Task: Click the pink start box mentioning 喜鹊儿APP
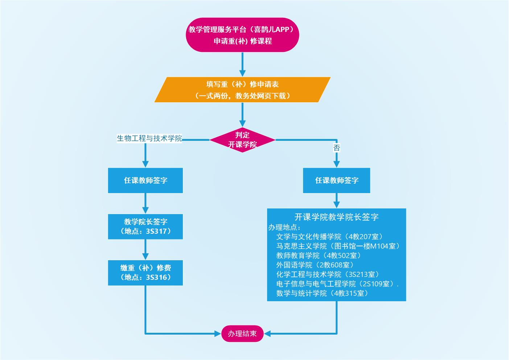[242, 35]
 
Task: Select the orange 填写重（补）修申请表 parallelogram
[242, 90]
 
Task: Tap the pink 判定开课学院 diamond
[242, 140]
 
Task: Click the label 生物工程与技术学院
[149, 138]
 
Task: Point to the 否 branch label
[337, 148]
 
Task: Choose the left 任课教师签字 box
[145, 180]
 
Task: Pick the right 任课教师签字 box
[337, 180]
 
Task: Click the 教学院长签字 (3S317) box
[145, 226]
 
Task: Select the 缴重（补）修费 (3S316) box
[145, 273]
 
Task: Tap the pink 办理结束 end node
[242, 334]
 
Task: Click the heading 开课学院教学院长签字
[336, 217]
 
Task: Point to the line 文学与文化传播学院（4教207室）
[329, 237]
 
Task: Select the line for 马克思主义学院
[338, 246]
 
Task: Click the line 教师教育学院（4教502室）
[318, 255]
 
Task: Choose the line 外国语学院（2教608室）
[315, 265]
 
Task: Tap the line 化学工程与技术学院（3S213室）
[327, 274]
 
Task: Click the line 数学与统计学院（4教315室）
[322, 293]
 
